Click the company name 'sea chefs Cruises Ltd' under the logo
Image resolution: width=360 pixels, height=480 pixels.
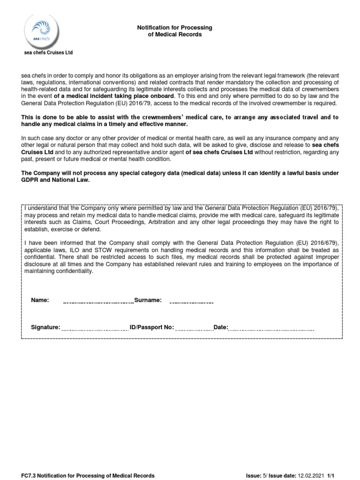[48, 53]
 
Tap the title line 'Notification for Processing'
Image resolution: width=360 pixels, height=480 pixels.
[174, 28]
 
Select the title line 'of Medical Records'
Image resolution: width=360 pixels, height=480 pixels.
[174, 34]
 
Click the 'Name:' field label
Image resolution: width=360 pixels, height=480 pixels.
[40, 300]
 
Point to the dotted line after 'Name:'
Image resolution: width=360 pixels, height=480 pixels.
[98, 302]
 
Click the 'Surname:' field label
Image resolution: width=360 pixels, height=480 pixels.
[148, 300]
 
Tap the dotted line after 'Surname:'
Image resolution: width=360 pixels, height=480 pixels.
[191, 302]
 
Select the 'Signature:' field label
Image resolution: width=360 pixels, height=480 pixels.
[45, 327]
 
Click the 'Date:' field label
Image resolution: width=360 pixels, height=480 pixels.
[221, 327]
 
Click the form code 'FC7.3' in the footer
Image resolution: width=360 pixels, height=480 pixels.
[28, 475]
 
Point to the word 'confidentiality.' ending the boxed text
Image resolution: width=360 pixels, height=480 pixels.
[73, 271]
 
